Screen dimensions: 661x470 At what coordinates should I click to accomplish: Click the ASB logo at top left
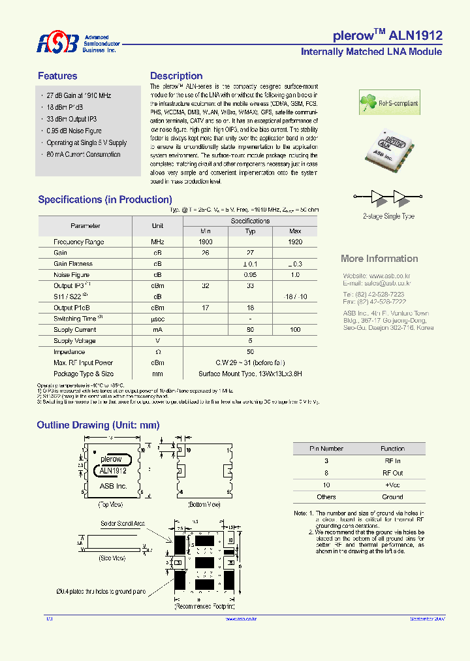click(x=57, y=43)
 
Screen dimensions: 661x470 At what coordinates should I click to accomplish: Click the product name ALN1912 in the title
click(x=416, y=36)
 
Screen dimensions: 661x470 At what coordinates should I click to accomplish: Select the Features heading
click(x=57, y=76)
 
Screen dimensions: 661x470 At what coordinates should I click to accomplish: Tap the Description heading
click(x=176, y=76)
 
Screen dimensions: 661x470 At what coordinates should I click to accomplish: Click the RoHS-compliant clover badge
click(x=389, y=103)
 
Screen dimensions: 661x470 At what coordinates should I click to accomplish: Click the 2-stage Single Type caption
click(x=388, y=216)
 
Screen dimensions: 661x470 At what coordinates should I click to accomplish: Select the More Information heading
click(x=379, y=259)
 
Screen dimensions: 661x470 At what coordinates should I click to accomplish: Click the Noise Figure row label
click(x=72, y=275)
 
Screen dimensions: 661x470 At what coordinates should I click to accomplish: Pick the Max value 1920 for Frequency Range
click(x=295, y=242)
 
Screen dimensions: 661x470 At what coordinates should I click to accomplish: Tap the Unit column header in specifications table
click(x=157, y=226)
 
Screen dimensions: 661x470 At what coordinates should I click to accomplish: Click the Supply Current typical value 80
click(x=250, y=330)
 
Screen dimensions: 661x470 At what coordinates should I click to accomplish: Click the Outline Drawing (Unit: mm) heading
click(x=98, y=425)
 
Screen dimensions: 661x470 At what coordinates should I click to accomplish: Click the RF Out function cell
click(x=392, y=473)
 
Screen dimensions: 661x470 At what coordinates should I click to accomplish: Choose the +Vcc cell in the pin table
click(x=392, y=485)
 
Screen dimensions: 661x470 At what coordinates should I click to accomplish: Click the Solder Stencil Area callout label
click(x=123, y=524)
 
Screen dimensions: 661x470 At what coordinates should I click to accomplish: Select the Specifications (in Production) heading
click(x=105, y=200)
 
